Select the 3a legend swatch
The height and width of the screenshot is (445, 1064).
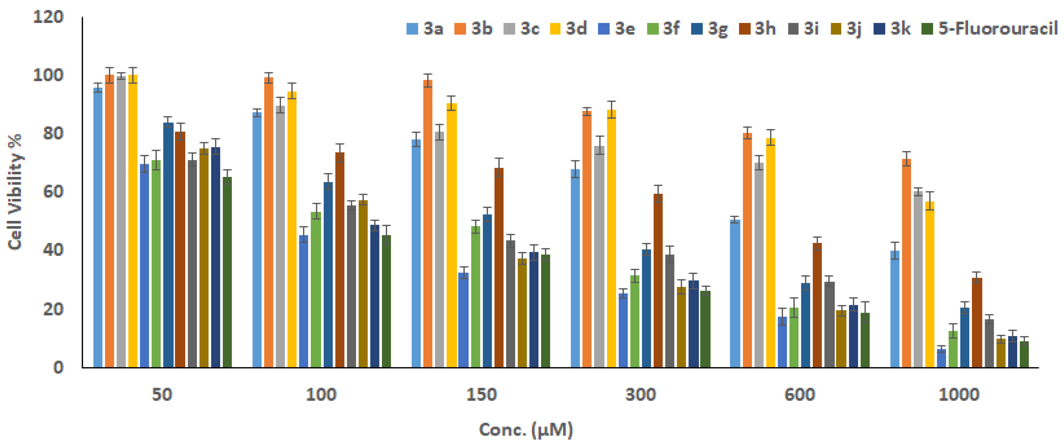click(x=412, y=29)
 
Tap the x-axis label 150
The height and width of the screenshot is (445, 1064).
click(x=481, y=395)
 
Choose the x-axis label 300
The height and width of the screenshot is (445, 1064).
click(x=640, y=395)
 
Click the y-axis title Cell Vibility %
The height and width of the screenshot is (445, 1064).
click(x=15, y=192)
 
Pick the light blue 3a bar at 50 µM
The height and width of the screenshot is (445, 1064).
click(x=98, y=227)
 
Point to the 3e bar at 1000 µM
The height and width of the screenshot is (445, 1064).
click(x=941, y=358)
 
